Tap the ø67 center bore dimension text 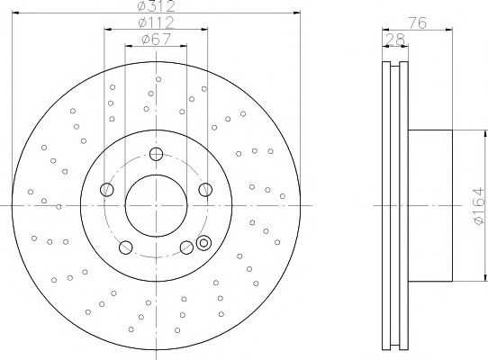[157, 40]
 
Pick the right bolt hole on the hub [206, 189]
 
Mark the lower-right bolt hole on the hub [186, 247]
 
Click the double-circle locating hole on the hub [203, 242]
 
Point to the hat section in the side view [430, 206]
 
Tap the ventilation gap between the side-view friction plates [393, 206]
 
